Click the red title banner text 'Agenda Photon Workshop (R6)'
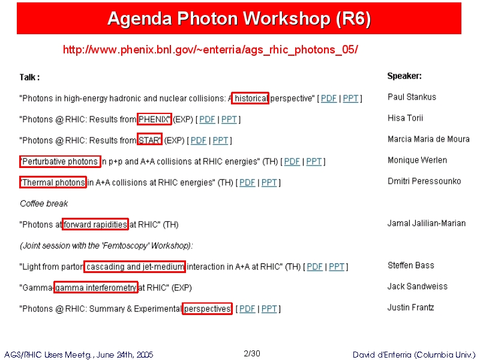[239, 19]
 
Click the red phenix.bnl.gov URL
[211, 50]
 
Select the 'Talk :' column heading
[29, 77]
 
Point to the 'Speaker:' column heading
[404, 76]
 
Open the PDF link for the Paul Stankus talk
[329, 98]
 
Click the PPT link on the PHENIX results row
[229, 119]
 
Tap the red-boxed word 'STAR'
[149, 140]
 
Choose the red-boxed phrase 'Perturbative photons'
[60, 161]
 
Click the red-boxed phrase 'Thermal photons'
[53, 182]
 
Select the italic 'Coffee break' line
[44, 203]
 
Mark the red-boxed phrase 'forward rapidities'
[95, 224]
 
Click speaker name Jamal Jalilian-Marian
[427, 223]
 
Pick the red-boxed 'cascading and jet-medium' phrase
[134, 266]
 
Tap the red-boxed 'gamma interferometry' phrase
[96, 287]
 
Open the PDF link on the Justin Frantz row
[247, 308]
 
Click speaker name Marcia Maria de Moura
[428, 139]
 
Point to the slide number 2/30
[252, 353]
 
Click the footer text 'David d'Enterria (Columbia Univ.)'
[414, 355]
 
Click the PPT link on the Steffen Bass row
[337, 266]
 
